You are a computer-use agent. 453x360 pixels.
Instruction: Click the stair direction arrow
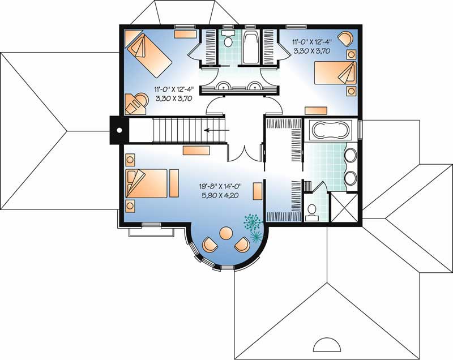[217, 130]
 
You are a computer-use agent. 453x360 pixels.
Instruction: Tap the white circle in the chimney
[119, 130]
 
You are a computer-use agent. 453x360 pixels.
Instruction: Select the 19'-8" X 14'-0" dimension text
[220, 186]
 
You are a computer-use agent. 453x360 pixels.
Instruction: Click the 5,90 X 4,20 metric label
[220, 195]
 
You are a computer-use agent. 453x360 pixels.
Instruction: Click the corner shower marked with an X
[344, 207]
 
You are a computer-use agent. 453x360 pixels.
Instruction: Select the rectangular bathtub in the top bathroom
[251, 47]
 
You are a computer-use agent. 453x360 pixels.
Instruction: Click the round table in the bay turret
[226, 233]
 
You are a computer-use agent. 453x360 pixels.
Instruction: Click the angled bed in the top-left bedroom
[148, 55]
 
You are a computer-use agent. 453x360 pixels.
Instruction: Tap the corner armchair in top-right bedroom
[347, 38]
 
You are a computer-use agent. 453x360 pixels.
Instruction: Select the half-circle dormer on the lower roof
[327, 344]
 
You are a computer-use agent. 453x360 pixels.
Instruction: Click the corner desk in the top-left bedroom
[136, 104]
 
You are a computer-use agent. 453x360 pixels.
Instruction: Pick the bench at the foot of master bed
[174, 183]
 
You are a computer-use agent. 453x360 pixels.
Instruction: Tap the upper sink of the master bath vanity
[351, 155]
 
